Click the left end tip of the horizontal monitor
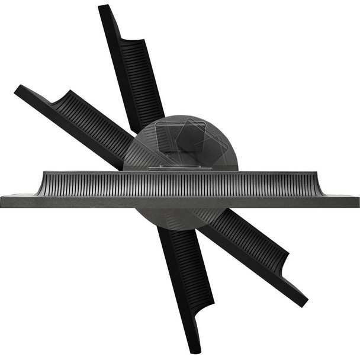[2, 201]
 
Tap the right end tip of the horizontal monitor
[358, 201]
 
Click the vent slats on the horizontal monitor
[178, 184]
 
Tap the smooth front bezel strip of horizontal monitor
[178, 202]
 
